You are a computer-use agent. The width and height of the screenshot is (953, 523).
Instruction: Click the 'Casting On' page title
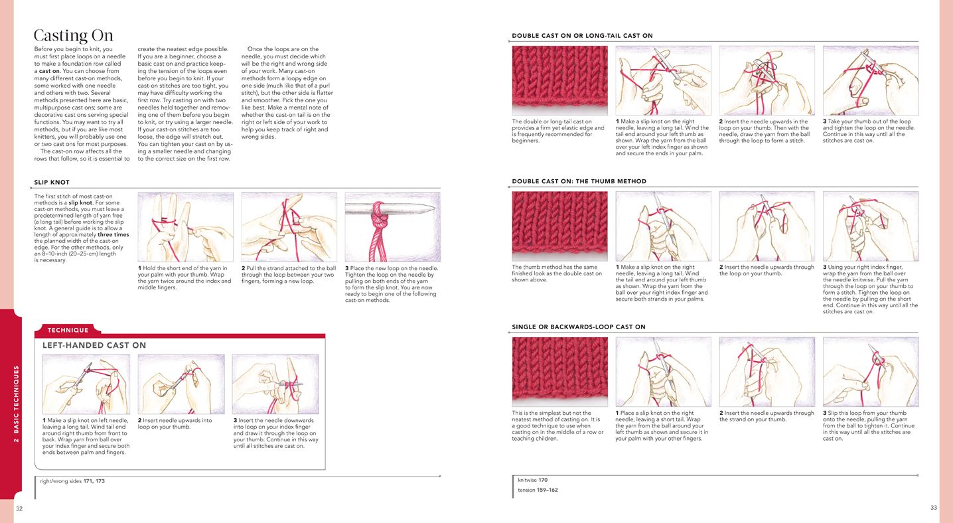pos(73,35)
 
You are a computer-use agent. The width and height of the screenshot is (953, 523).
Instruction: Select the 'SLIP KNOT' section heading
pos(52,182)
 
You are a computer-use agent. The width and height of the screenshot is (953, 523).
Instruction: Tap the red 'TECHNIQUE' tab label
pos(68,330)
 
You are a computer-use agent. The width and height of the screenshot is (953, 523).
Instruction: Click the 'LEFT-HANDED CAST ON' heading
pos(94,345)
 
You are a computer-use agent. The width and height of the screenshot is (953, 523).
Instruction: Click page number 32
pos(19,508)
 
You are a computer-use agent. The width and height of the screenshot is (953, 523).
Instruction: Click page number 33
pos(934,507)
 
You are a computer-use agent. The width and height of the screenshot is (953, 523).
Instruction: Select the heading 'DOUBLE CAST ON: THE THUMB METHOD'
pos(579,181)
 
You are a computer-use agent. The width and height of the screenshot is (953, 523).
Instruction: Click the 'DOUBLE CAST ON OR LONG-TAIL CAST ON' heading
pos(582,36)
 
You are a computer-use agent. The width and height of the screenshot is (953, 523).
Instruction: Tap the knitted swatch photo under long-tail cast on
pos(560,80)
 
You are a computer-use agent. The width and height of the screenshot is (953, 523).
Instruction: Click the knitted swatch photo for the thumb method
pos(560,226)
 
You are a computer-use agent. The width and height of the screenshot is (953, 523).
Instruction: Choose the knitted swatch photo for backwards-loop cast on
pos(560,372)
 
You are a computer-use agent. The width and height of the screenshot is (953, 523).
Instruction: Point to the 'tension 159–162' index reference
pos(538,490)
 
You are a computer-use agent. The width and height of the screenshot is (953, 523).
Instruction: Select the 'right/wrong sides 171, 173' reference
pos(72,481)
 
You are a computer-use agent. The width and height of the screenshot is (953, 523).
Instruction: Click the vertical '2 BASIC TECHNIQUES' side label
pos(17,404)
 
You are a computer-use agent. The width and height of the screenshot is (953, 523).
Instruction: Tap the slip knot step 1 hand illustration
pos(186,227)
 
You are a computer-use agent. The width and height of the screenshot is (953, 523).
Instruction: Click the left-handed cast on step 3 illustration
pos(275,384)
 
